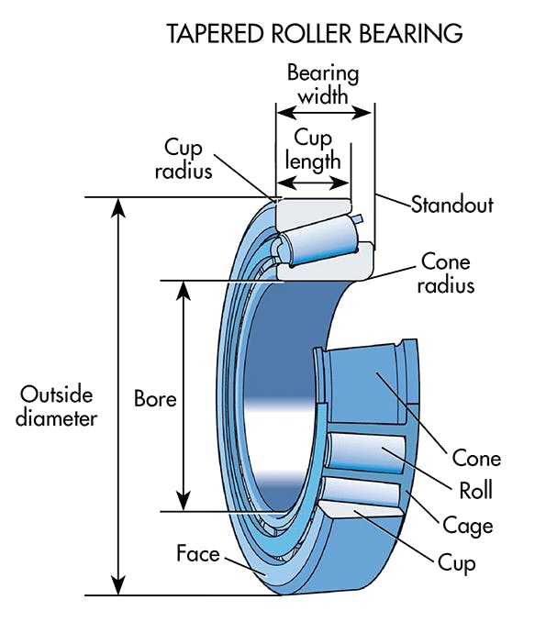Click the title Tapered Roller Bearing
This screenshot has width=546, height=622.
[314, 35]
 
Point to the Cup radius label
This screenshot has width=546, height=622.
[189, 158]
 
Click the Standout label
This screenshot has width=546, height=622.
[451, 205]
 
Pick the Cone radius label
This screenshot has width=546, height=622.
[447, 273]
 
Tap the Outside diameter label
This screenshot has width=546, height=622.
[57, 406]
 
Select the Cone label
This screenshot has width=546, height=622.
[476, 458]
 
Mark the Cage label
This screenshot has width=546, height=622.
[468, 526]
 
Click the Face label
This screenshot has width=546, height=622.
[198, 554]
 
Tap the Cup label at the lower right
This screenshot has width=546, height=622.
[457, 562]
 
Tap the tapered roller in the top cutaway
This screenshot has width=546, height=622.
[317, 239]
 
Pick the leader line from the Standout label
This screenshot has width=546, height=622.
[392, 201]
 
